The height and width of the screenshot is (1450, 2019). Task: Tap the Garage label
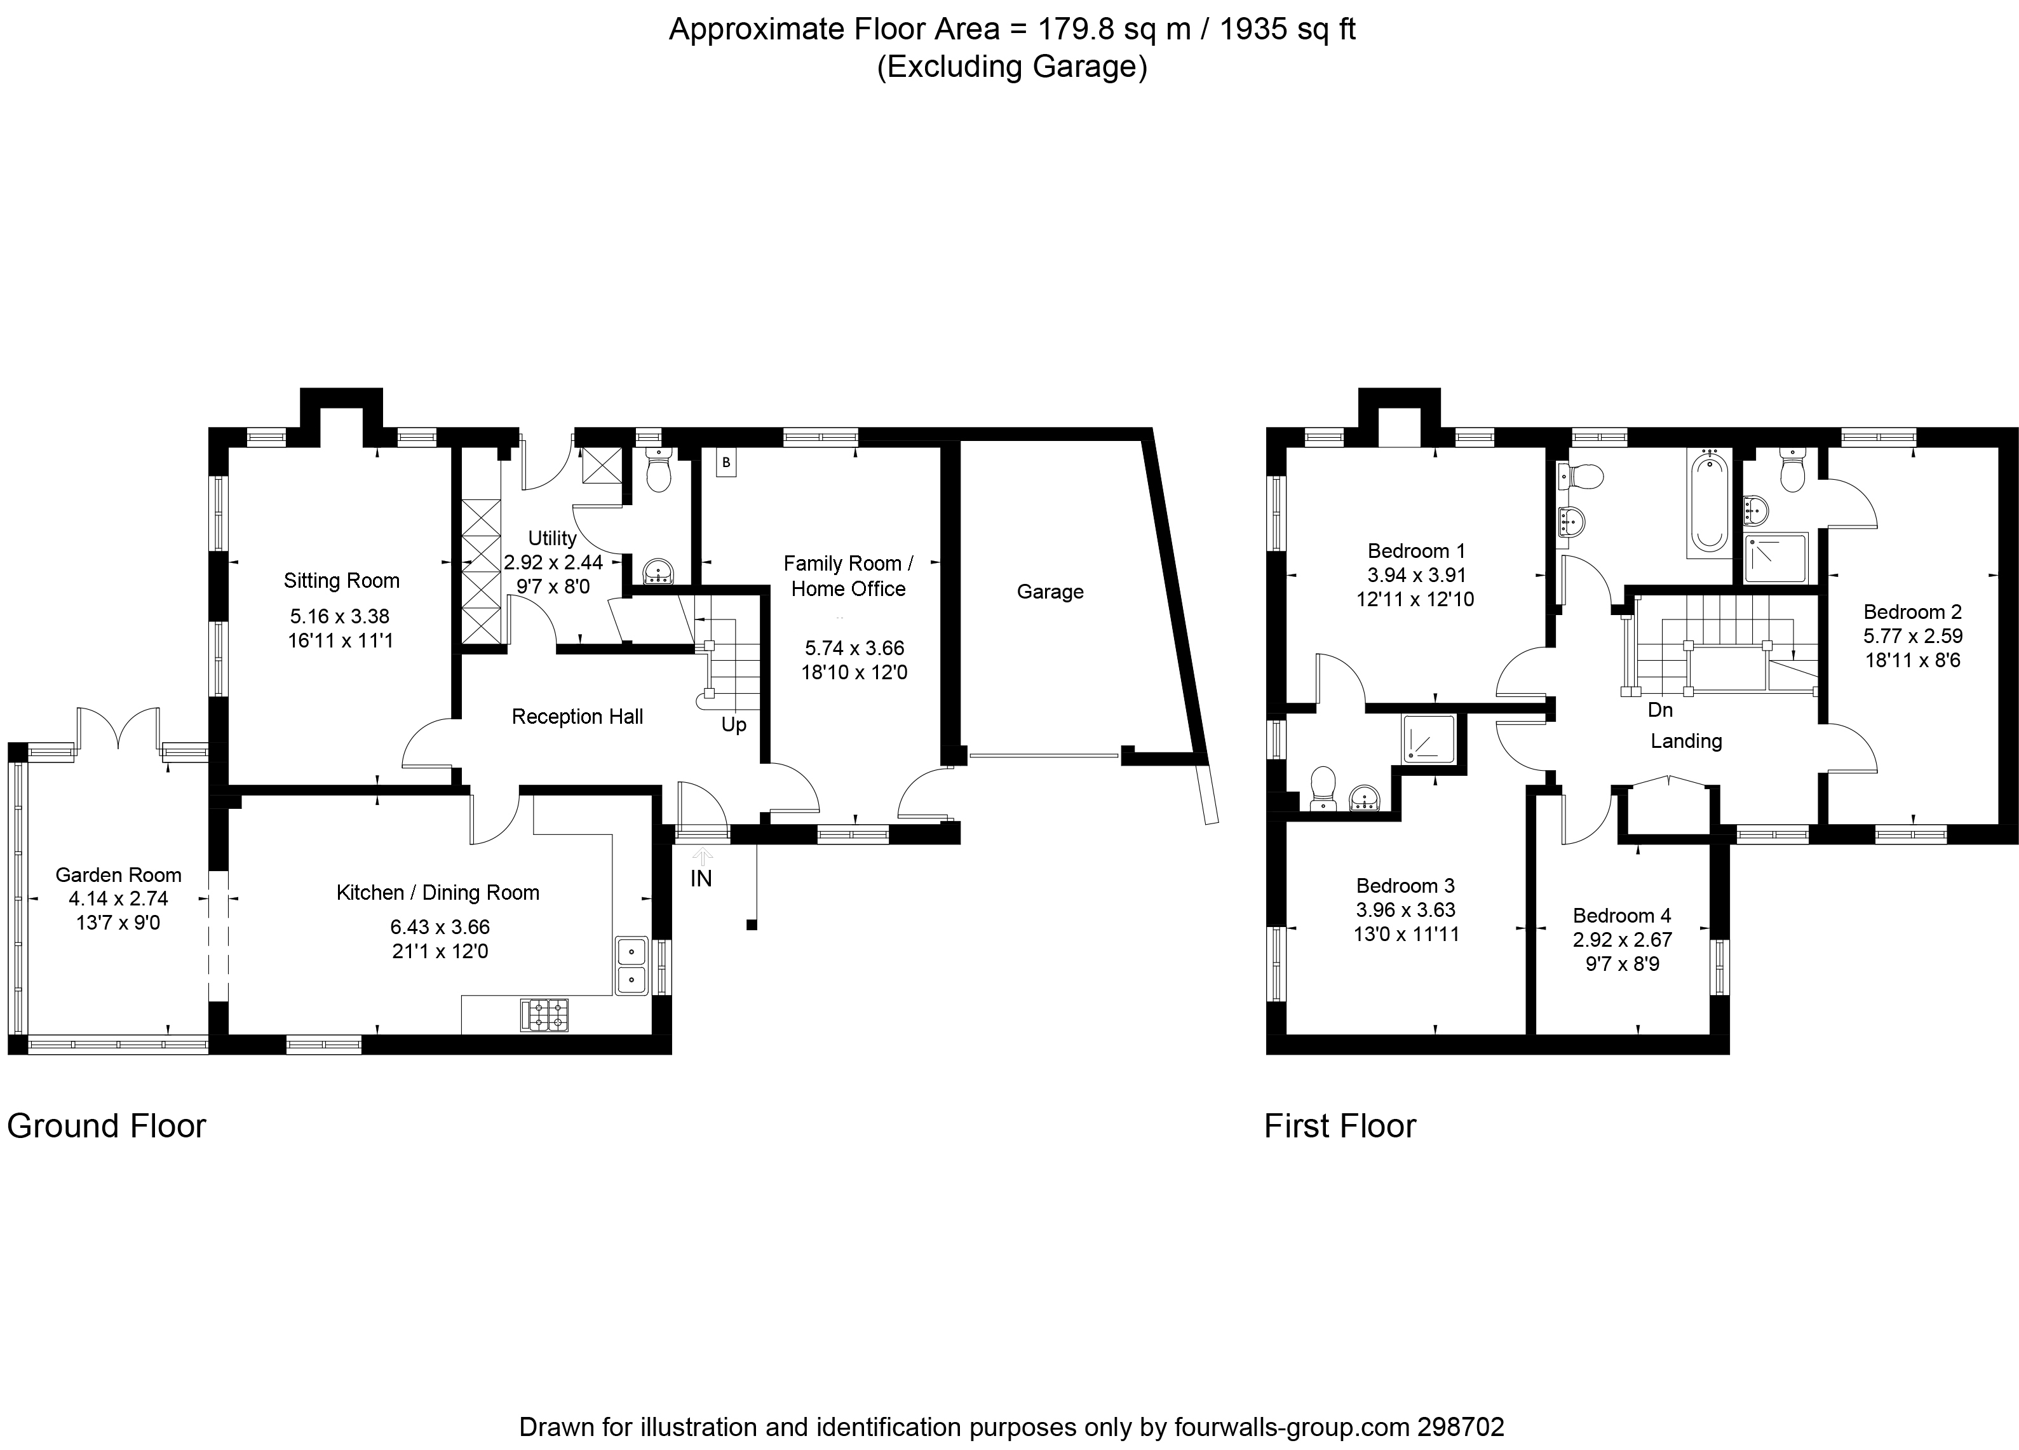1050,592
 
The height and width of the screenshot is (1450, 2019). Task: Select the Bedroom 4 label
1622,916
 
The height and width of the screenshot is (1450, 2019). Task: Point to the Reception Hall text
577,717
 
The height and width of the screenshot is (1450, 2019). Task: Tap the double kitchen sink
631,965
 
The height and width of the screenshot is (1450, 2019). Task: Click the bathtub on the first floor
1708,501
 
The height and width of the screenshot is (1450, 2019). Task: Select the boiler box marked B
726,463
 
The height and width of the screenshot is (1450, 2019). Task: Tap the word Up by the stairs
734,724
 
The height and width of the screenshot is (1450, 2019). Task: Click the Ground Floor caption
107,1126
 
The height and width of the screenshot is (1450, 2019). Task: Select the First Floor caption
1340,1126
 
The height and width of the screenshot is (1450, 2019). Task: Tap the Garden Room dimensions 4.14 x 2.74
118,899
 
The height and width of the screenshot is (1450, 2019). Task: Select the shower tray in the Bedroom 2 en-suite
1775,557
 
